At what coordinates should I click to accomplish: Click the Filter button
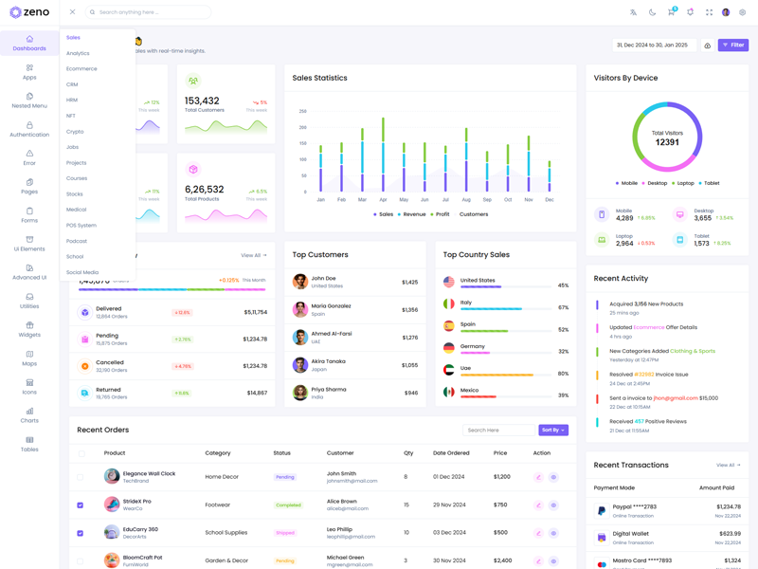732,45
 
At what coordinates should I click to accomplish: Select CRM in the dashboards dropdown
72,84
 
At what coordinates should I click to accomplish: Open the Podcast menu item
77,241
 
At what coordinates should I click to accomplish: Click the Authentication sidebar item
29,129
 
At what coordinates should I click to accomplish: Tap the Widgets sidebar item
29,329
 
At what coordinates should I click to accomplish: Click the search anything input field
152,12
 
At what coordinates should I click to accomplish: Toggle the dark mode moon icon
652,12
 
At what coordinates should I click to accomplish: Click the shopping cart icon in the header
671,12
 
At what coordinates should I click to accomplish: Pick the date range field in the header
655,45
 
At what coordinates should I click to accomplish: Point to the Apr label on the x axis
383,200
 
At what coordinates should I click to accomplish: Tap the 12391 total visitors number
667,142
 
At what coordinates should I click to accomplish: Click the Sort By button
553,430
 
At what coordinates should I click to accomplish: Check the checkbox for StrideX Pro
81,505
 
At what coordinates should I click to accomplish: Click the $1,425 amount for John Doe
409,282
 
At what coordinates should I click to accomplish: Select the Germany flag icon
449,348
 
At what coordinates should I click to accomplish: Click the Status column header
281,453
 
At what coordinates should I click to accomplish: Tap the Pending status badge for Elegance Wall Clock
284,477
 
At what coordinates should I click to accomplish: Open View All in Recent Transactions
728,465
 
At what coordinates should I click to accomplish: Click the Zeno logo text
36,12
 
